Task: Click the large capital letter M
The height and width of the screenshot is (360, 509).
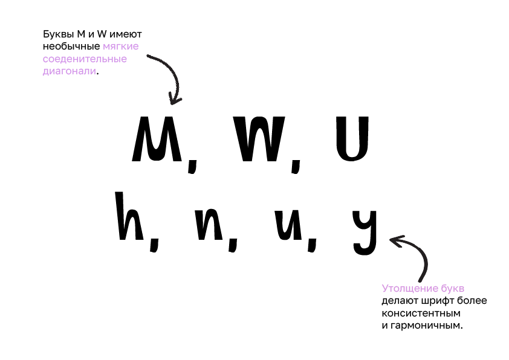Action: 157,140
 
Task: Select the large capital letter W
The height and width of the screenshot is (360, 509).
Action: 261,140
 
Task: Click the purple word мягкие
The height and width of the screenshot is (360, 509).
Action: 121,46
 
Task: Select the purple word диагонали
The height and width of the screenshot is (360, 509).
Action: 69,71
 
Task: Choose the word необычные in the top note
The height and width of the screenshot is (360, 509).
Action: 71,46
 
